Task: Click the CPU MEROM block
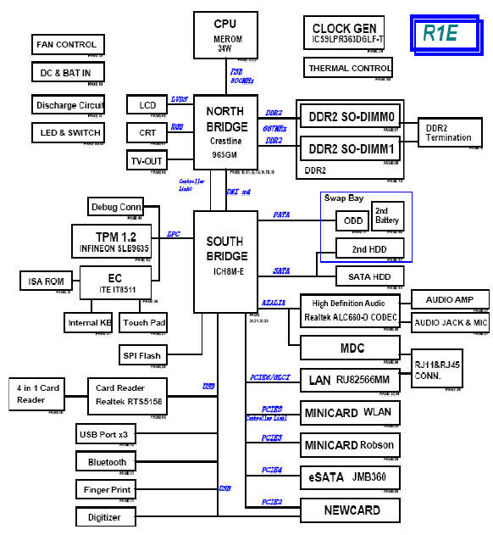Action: pos(225,35)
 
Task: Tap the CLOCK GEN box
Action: pos(346,33)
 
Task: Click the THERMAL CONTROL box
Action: pos(349,68)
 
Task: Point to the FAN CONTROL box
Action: pos(68,44)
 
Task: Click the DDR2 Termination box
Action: pos(449,132)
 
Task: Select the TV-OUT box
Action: pos(147,160)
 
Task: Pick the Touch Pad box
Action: pos(143,322)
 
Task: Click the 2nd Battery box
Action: pos(387,215)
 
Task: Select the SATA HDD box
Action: pos(369,276)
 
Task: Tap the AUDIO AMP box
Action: pos(450,298)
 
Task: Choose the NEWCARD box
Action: pos(351,510)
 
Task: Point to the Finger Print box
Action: pos(107,489)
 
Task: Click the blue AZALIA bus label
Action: pos(273,302)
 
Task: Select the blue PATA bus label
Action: pos(282,215)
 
